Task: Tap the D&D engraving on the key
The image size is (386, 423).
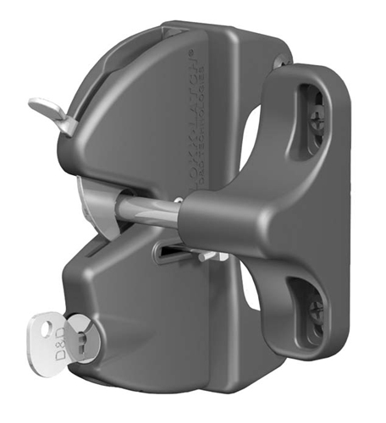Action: (x=47, y=339)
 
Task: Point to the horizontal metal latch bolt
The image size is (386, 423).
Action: (x=152, y=210)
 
